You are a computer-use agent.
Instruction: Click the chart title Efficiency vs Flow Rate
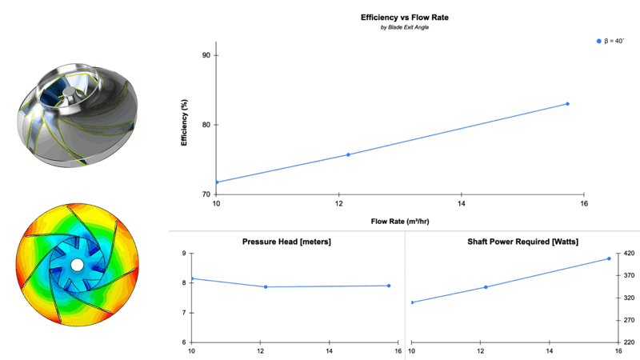[x=398, y=17]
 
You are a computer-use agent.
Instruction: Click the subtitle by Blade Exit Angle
[x=398, y=28]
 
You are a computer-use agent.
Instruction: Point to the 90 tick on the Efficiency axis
[x=206, y=55]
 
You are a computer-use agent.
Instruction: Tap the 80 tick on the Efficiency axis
[x=206, y=125]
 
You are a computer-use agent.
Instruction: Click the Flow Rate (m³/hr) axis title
[x=399, y=220]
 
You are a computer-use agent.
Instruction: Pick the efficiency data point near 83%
[x=567, y=104]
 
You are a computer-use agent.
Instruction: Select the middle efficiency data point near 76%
[x=348, y=154]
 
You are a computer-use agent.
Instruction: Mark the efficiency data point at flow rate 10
[x=217, y=182]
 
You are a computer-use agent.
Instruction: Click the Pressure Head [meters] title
[x=286, y=242]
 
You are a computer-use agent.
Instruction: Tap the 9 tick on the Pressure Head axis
[x=183, y=254]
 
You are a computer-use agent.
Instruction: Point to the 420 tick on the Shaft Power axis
[x=629, y=254]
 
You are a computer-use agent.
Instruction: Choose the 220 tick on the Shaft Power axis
[x=629, y=342]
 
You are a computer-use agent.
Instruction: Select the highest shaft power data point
[x=609, y=258]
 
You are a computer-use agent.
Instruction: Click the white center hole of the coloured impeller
[x=77, y=264]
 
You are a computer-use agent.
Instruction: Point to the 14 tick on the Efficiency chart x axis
[x=462, y=204]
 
